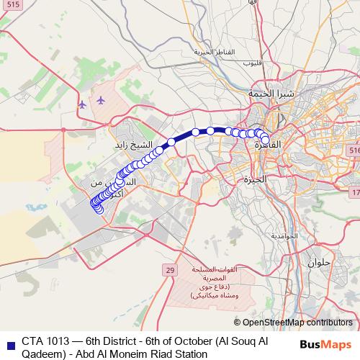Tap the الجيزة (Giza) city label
pyautogui.click(x=254, y=178)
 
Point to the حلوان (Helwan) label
pyautogui.click(x=319, y=262)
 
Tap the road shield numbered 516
pyautogui.click(x=354, y=149)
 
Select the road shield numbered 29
pyautogui.click(x=169, y=270)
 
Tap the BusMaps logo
pyautogui.click(x=327, y=345)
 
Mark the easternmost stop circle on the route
pyautogui.click(x=265, y=140)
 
